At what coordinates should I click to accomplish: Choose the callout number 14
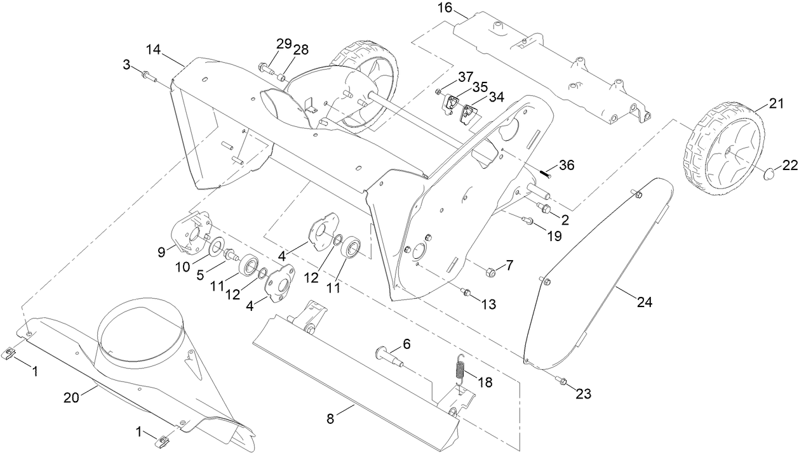point(153,49)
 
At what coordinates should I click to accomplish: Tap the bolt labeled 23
point(561,381)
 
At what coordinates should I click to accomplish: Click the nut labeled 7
point(491,273)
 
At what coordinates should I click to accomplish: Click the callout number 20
point(72,397)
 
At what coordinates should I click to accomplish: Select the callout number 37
point(466,77)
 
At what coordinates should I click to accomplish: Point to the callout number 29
point(283,44)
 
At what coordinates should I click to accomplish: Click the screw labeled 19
point(527,220)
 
